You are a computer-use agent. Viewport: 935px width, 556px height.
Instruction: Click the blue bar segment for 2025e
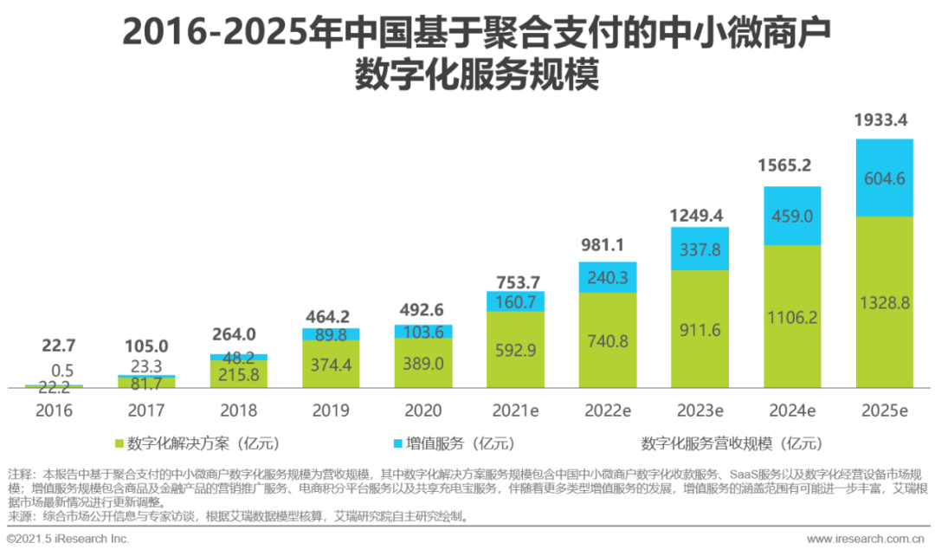point(884,178)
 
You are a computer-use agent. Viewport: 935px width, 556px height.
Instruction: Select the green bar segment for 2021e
point(515,349)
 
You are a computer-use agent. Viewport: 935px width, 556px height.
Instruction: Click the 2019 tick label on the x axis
point(331,411)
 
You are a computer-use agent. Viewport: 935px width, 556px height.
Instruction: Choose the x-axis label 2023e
point(700,411)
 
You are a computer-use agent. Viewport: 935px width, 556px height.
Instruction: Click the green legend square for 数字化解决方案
point(119,444)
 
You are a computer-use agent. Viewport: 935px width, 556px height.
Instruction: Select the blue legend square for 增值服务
point(397,444)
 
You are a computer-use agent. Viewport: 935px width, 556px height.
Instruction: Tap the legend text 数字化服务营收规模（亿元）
point(732,444)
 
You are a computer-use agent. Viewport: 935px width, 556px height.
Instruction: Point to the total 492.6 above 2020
point(423,310)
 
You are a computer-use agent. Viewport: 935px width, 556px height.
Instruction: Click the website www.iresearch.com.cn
point(867,539)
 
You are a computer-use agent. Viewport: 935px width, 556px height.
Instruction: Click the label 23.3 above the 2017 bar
point(146,367)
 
